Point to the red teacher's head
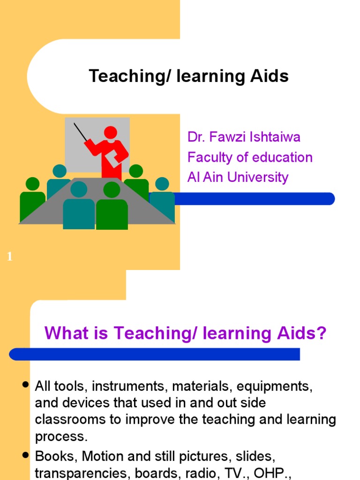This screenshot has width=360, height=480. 111,133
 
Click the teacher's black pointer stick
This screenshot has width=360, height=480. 81,132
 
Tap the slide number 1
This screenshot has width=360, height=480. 9,256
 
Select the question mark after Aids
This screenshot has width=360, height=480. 321,334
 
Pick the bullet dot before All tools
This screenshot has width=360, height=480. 26,385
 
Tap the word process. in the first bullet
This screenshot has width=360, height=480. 61,437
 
